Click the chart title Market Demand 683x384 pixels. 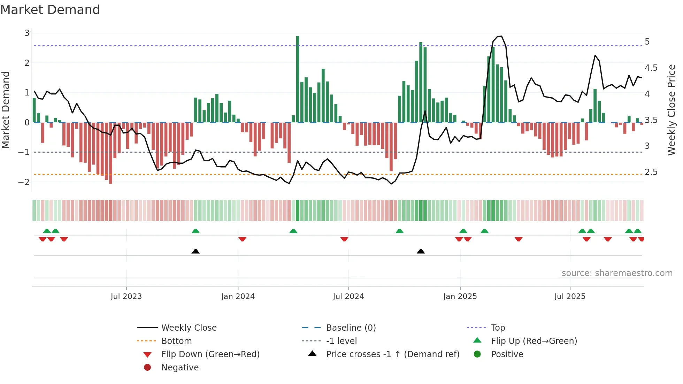pos(50,10)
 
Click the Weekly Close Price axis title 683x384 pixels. pos(671,110)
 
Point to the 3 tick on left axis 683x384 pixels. pos(27,33)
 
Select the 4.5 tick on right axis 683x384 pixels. pos(651,68)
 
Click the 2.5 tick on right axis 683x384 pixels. pos(651,172)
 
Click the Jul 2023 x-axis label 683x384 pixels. pos(126,297)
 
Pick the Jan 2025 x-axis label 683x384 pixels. pos(460,297)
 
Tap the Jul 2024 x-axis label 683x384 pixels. pos(348,297)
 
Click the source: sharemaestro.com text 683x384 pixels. pos(617,273)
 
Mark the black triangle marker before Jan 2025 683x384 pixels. pos(421,251)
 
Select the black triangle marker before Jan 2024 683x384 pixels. pos(195,251)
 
